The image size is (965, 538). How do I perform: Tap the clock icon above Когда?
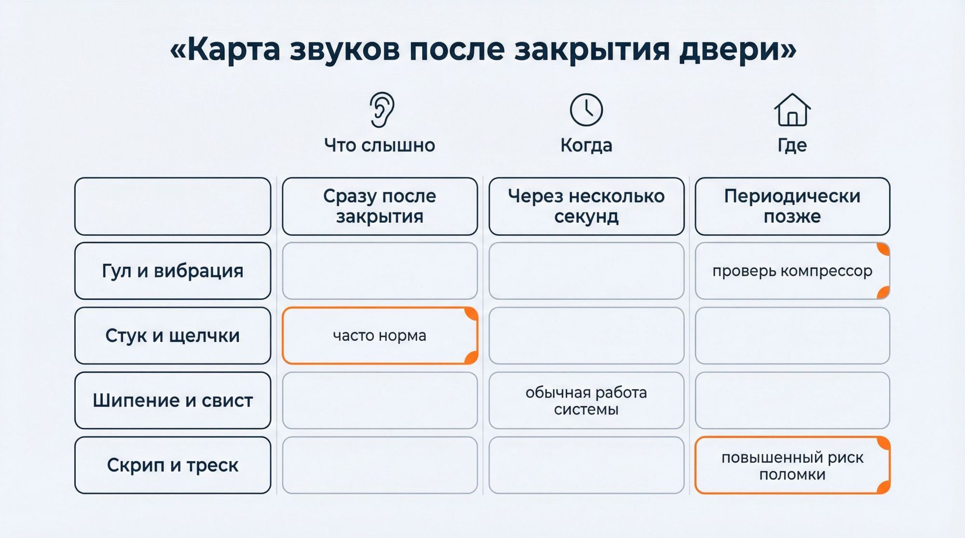pyautogui.click(x=586, y=110)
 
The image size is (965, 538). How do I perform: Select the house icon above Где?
pyautogui.click(x=792, y=110)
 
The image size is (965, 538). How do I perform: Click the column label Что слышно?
pyautogui.click(x=380, y=145)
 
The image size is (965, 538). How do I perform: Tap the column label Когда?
pyautogui.click(x=586, y=145)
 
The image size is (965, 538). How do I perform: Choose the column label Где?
pyautogui.click(x=792, y=145)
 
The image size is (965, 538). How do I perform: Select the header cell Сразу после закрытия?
pyautogui.click(x=380, y=206)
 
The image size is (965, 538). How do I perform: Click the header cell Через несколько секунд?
pyautogui.click(x=586, y=206)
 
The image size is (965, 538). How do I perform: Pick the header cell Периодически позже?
pyautogui.click(x=792, y=206)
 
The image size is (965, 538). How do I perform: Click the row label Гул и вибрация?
pyautogui.click(x=173, y=271)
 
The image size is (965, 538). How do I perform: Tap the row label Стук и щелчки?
pyautogui.click(x=173, y=336)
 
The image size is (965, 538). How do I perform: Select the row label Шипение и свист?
pyautogui.click(x=173, y=400)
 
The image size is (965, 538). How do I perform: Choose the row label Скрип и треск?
pyautogui.click(x=173, y=465)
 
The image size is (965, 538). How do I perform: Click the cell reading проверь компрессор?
pyautogui.click(x=792, y=271)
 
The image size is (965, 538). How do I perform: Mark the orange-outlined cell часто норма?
pyautogui.click(x=380, y=336)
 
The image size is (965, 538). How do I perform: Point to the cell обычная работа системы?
pyautogui.click(x=586, y=400)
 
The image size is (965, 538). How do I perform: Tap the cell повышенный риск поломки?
pyautogui.click(x=792, y=465)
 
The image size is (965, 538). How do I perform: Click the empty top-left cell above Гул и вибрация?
pyautogui.click(x=173, y=206)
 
